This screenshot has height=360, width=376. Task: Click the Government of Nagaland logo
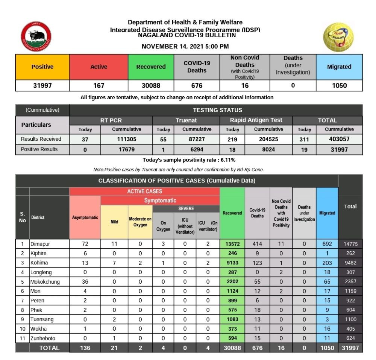click(36, 36)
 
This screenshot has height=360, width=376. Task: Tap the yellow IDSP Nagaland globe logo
click(339, 37)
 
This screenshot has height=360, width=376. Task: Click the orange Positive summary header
click(42, 67)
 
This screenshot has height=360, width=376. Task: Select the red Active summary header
click(99, 67)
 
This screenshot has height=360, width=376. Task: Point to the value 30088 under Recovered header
click(151, 85)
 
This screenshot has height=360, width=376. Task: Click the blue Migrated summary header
click(339, 67)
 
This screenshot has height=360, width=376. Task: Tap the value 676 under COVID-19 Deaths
click(197, 85)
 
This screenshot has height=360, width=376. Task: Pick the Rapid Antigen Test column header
click(256, 120)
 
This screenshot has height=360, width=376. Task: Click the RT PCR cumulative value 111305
click(127, 139)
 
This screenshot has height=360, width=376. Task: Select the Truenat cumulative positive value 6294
click(197, 149)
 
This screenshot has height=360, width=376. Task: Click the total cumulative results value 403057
click(339, 139)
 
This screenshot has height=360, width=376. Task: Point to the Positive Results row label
click(39, 149)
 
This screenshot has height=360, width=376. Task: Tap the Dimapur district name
click(40, 244)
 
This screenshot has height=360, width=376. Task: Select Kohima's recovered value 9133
click(232, 263)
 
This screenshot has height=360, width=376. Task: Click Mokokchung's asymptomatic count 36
click(85, 282)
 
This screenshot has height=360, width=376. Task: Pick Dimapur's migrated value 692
click(327, 244)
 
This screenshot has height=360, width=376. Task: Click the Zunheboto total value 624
click(350, 338)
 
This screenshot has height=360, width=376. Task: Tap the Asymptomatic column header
click(85, 217)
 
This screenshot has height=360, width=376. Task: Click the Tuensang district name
click(42, 319)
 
